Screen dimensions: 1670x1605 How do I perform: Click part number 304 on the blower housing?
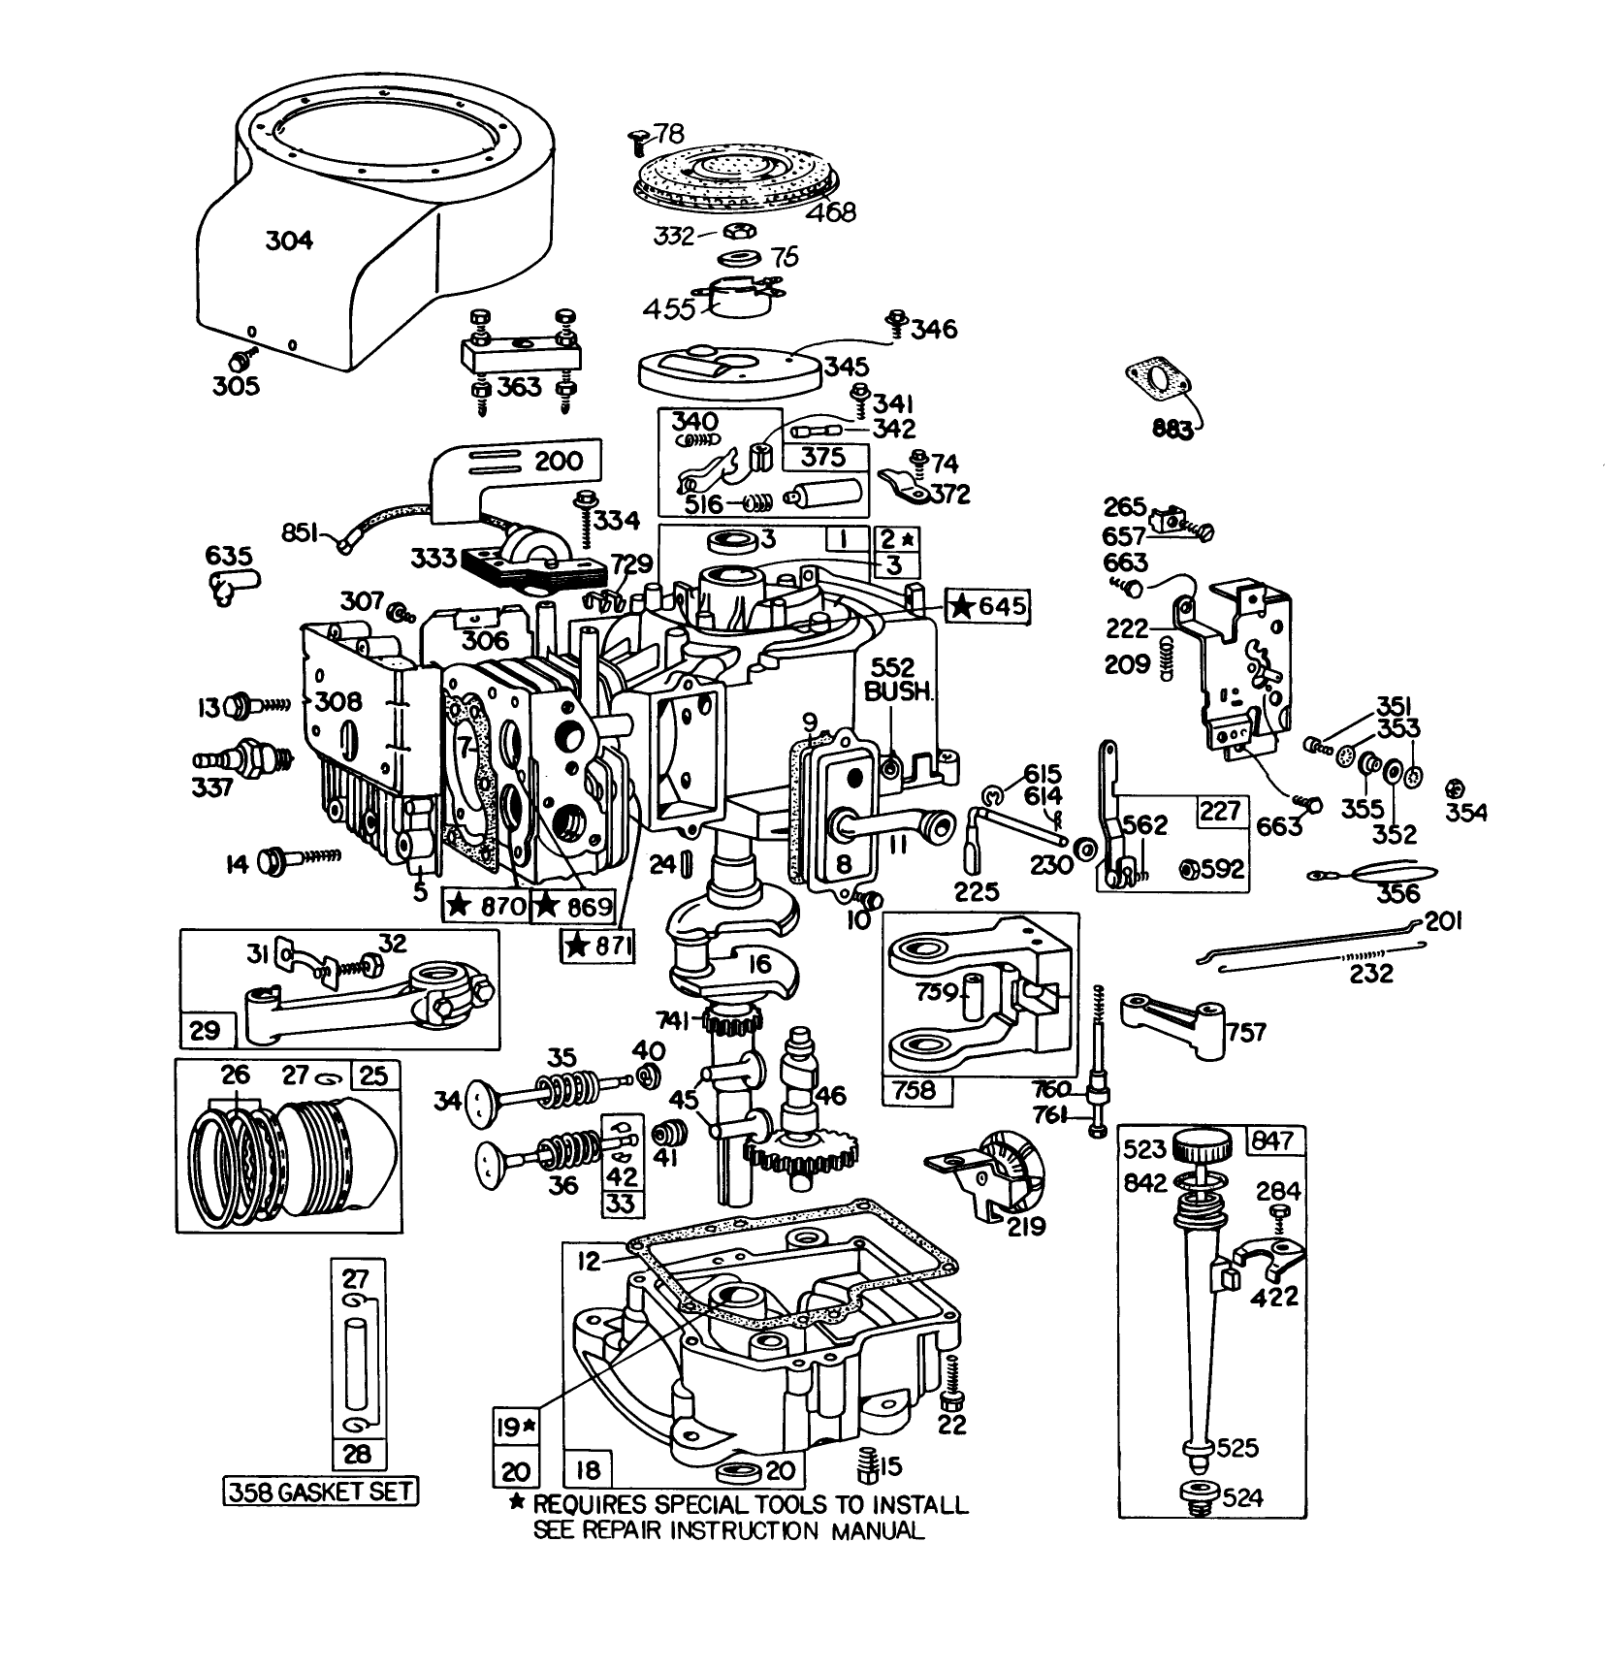pos(289,240)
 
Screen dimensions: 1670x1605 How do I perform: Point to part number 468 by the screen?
pos(830,210)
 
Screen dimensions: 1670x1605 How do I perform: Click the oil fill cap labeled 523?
pos(1203,1150)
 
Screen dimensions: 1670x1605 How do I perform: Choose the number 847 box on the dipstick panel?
pos(1271,1140)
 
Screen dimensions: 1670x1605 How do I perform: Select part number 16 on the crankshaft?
pos(759,963)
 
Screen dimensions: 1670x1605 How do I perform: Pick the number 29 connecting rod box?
pos(206,1029)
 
